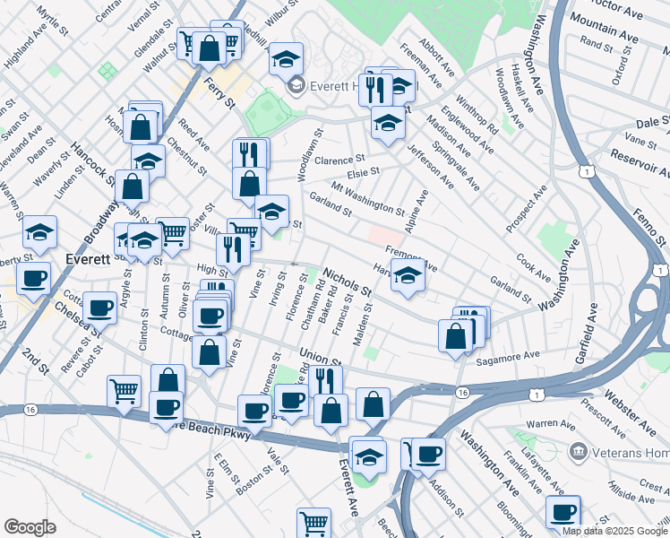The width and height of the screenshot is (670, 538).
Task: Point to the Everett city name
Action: click(x=88, y=259)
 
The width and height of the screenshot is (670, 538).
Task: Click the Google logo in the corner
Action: click(x=30, y=527)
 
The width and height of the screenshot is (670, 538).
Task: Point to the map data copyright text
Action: click(x=614, y=531)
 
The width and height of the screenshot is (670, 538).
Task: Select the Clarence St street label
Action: click(x=340, y=159)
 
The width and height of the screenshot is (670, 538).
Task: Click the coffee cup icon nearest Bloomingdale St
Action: click(x=563, y=512)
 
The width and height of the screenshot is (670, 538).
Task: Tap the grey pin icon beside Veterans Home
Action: click(x=577, y=449)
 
